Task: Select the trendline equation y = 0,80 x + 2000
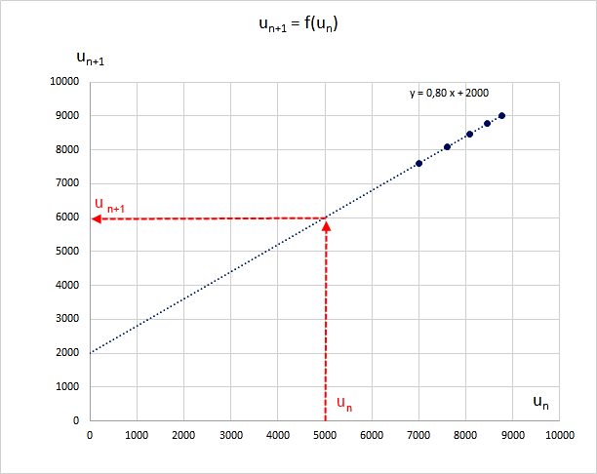(x=449, y=94)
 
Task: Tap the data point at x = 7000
(x=418, y=163)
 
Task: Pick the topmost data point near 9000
(x=501, y=115)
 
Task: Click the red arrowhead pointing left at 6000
(x=96, y=218)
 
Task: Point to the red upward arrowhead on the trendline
(x=325, y=225)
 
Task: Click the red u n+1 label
(x=109, y=204)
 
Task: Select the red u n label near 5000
(x=343, y=402)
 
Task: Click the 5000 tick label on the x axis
(x=324, y=435)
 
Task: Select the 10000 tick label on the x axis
(x=559, y=435)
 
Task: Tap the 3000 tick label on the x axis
(x=230, y=435)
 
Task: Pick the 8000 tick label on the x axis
(x=465, y=435)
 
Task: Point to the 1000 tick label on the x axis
(x=137, y=435)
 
